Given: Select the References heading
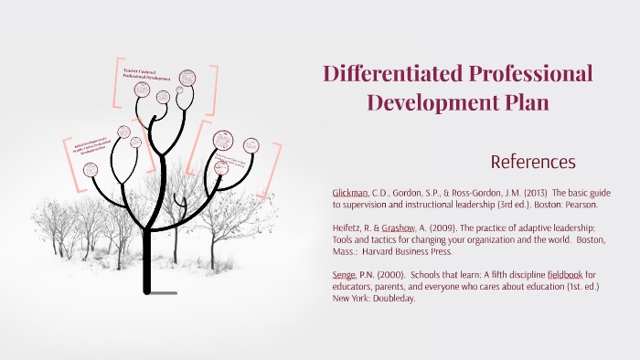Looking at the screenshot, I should (x=532, y=163).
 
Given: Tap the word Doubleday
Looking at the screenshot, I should (x=390, y=298).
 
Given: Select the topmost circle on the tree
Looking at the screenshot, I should (x=188, y=79).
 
